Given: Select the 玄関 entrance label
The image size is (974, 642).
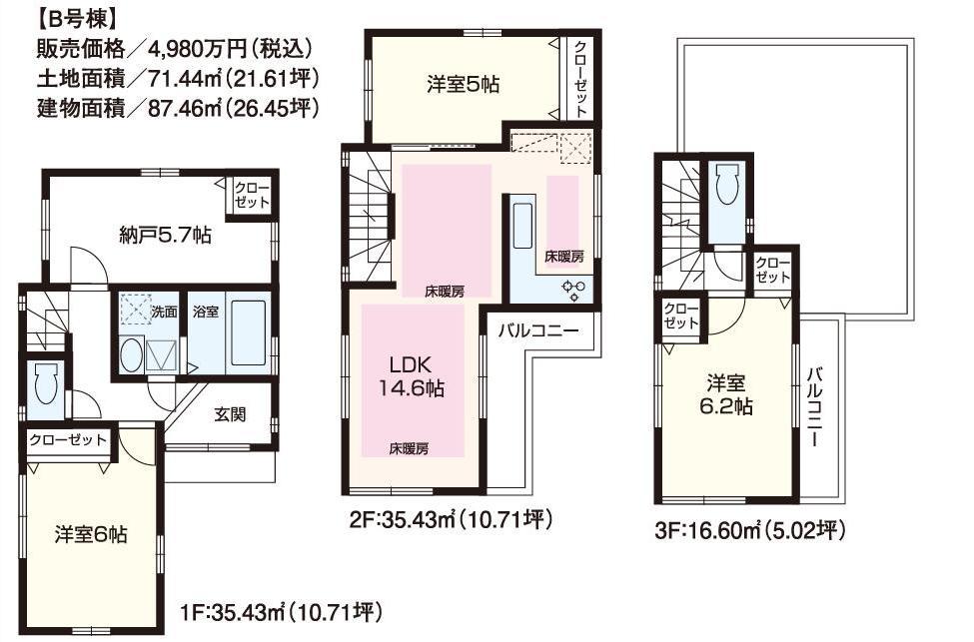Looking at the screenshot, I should coord(230,415).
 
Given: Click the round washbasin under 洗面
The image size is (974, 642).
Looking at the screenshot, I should coord(131,354).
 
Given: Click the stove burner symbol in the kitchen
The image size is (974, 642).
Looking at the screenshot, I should coord(573,290).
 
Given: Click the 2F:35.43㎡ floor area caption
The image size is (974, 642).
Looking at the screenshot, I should coord(447,519).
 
